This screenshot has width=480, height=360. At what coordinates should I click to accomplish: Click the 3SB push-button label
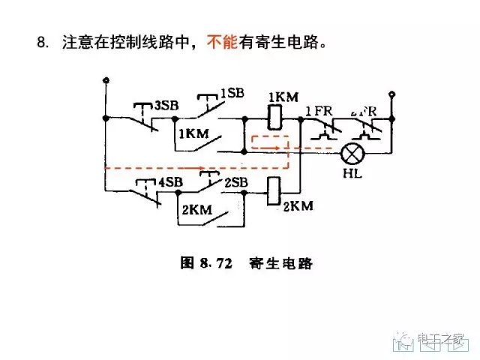166,105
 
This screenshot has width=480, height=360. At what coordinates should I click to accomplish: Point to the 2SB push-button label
235,182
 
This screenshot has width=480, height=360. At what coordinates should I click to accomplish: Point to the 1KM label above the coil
283,97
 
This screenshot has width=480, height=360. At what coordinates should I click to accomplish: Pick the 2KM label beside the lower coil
297,205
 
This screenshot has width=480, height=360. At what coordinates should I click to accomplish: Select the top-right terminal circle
391,94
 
